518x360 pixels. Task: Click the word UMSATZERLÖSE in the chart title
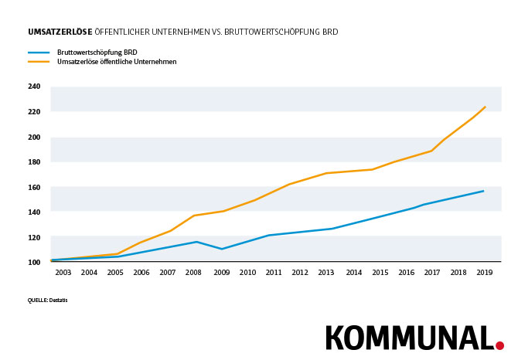point(60,32)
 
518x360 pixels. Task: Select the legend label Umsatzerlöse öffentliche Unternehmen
point(117,62)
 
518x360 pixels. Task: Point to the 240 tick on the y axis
point(34,87)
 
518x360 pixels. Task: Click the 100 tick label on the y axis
point(34,263)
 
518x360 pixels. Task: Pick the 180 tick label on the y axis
point(34,161)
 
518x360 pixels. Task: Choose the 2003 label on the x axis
point(63,273)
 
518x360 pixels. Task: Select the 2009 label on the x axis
point(221,273)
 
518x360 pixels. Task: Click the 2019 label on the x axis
point(484,273)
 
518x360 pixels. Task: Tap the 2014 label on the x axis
point(353,273)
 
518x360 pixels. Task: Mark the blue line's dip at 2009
point(222,249)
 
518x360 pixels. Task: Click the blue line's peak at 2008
point(196,242)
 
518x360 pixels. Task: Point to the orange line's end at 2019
point(485,107)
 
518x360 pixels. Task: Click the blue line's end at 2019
point(484,191)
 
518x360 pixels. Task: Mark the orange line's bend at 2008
point(194,216)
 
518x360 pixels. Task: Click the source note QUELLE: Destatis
point(47,300)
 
